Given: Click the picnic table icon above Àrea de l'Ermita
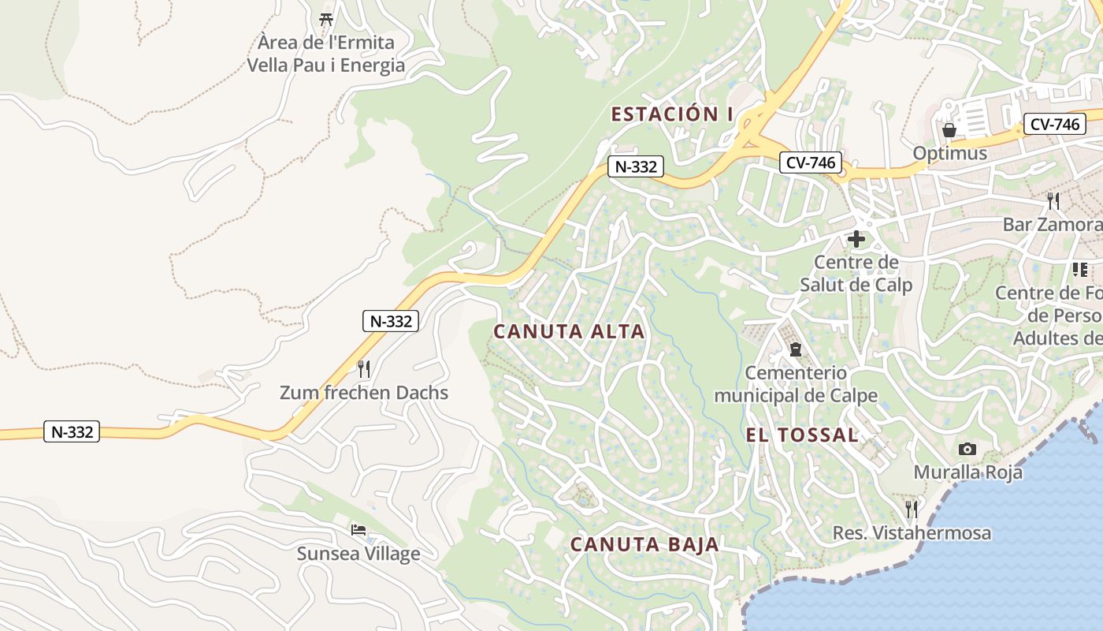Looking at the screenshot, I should click(x=326, y=19).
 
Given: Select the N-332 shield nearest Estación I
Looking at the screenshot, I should click(x=635, y=166).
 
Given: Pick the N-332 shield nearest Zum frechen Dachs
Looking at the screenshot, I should click(x=390, y=321).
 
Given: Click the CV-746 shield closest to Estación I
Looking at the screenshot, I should click(x=811, y=162).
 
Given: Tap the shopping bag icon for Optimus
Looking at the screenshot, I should click(x=949, y=130).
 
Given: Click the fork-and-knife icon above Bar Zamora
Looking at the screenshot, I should click(x=1053, y=201).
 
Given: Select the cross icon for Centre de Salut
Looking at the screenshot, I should click(x=856, y=238).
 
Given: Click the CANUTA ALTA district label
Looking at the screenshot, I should click(x=569, y=332).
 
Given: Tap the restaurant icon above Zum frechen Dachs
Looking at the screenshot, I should click(x=363, y=368).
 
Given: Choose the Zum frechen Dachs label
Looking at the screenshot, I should click(x=364, y=393).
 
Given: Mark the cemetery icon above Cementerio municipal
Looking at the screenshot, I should click(x=796, y=349).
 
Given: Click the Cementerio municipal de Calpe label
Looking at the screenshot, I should click(x=796, y=383).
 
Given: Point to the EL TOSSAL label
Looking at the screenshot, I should click(x=802, y=435).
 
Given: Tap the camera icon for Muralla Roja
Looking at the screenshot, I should click(x=967, y=450).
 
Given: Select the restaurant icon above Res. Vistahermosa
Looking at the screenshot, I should click(x=912, y=509).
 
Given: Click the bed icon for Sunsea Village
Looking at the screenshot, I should click(x=358, y=530).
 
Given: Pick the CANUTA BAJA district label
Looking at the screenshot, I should click(x=644, y=544).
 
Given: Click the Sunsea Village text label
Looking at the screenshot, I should click(x=358, y=554).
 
